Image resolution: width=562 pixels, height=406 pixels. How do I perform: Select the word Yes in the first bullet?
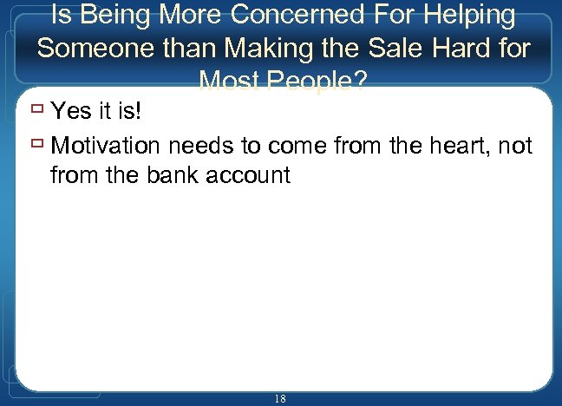(71, 111)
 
